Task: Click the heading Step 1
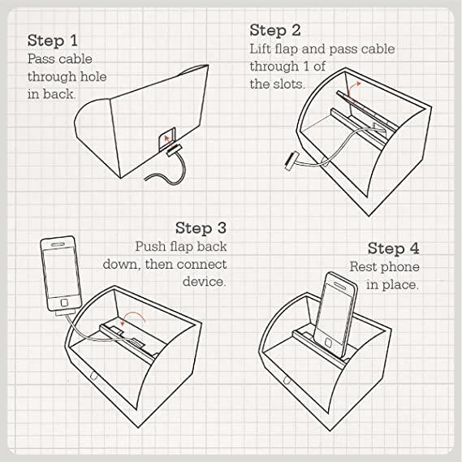tap(53, 41)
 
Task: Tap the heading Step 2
tap(275, 30)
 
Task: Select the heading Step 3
tap(201, 228)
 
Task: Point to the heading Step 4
tap(393, 248)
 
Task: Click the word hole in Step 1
tap(93, 76)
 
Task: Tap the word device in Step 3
tap(204, 282)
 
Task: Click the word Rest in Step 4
tap(362, 267)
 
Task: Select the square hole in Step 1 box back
tap(166, 139)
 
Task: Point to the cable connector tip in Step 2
tap(291, 161)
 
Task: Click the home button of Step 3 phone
tap(64, 303)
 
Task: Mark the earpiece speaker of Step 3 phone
tap(58, 244)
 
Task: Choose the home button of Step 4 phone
tap(329, 342)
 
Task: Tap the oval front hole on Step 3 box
tap(93, 376)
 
